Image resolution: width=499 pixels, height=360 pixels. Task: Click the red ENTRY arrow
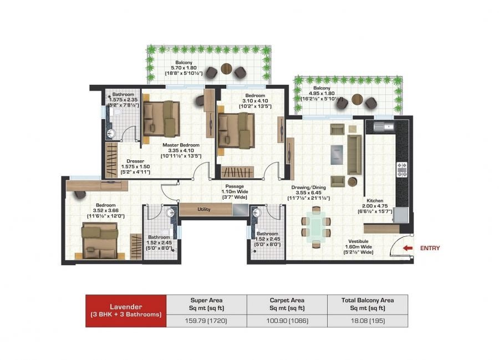[x=408, y=248]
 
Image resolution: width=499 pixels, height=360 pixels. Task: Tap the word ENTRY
[x=430, y=248]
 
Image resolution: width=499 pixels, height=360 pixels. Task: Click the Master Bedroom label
[x=181, y=145]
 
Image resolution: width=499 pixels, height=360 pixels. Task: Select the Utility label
[x=204, y=209]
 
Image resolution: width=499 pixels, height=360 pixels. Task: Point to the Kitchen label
[x=375, y=201]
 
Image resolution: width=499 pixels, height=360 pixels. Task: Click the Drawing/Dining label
[x=307, y=187]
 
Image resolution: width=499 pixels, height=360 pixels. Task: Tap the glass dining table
[x=316, y=227]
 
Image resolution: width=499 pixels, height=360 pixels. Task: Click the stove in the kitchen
[x=401, y=169]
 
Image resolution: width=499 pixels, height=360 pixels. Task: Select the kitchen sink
[x=384, y=126]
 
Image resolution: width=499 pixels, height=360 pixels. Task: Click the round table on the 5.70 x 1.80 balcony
[x=227, y=69]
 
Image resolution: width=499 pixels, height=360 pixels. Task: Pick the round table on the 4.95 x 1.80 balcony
[x=358, y=99]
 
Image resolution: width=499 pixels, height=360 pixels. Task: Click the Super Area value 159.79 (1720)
[x=206, y=321]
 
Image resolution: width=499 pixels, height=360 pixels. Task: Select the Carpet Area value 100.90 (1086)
[x=287, y=321]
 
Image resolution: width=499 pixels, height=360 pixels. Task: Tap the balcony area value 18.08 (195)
[x=368, y=321]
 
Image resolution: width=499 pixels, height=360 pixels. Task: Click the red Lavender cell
[x=126, y=311]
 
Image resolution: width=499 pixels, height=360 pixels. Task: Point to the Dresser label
[x=135, y=161]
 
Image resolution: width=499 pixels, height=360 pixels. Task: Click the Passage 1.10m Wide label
[x=235, y=191]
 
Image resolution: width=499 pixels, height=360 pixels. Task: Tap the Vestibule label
[x=358, y=241]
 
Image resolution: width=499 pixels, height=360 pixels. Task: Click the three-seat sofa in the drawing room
[x=354, y=155]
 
